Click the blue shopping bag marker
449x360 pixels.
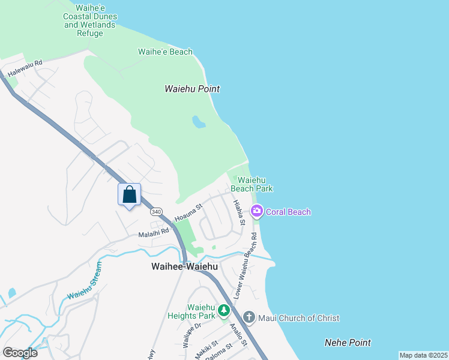(x=129, y=195)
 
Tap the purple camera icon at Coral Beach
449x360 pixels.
(x=257, y=211)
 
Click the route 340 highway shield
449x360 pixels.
(x=156, y=212)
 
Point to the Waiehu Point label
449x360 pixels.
(x=192, y=89)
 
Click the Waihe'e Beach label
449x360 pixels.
(x=165, y=52)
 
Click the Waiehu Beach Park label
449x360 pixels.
(x=255, y=184)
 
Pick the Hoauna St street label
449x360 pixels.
(x=188, y=212)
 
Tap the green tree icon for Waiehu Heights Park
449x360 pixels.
(x=224, y=310)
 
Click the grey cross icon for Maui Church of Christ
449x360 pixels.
(x=250, y=317)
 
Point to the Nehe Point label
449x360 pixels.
(x=348, y=343)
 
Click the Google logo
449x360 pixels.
(x=20, y=352)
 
